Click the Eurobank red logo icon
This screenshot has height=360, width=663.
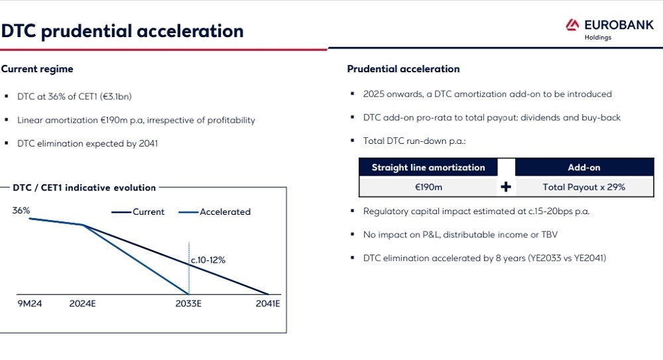click(x=572, y=25)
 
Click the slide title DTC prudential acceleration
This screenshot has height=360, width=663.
click(x=122, y=31)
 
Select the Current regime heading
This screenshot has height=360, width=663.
click(x=37, y=69)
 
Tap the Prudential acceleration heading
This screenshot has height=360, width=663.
click(x=403, y=69)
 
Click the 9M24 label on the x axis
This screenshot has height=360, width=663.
click(x=30, y=304)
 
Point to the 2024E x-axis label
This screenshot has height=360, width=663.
click(x=82, y=304)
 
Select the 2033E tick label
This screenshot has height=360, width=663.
click(x=188, y=304)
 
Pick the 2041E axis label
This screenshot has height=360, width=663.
click(x=268, y=304)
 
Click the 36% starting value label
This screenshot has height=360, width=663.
click(x=21, y=210)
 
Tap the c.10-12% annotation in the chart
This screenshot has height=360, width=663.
click(x=208, y=260)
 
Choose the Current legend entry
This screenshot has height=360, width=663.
click(x=138, y=212)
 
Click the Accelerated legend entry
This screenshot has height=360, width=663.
click(x=214, y=212)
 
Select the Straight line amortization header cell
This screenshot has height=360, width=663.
click(x=428, y=168)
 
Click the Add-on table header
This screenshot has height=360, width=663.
click(x=584, y=168)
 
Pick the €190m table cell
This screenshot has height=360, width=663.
click(x=428, y=187)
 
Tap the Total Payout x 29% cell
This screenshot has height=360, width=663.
click(x=584, y=187)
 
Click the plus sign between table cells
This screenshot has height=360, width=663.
click(x=506, y=187)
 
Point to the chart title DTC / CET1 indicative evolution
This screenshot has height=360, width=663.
click(x=84, y=188)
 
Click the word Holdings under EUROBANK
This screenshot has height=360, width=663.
click(x=598, y=38)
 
